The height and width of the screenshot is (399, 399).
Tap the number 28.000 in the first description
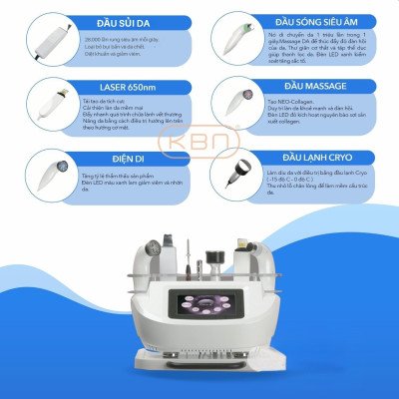pyautogui.click(x=82, y=33)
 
